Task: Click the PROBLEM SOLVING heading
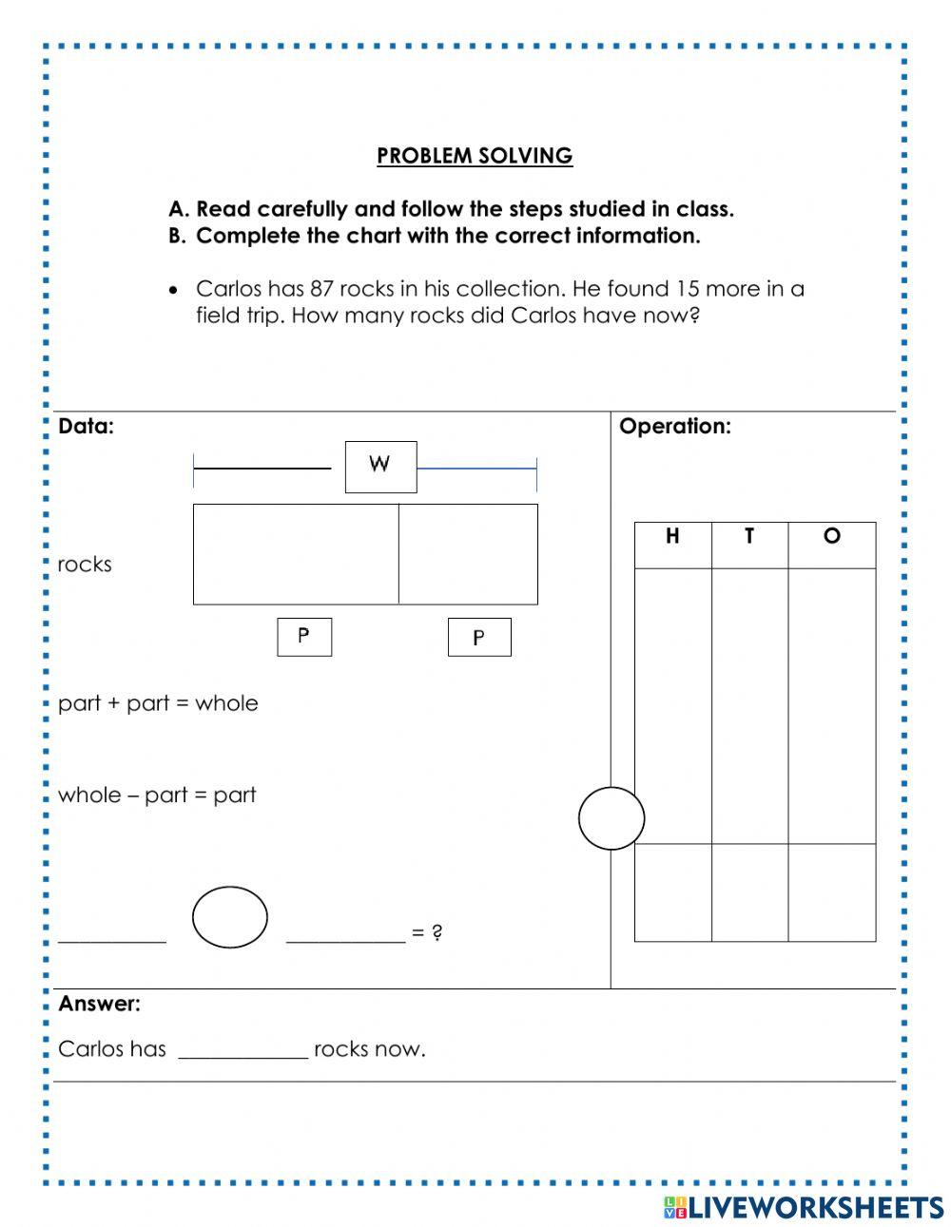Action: pyautogui.click(x=475, y=156)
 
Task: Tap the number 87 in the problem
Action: pyautogui.click(x=323, y=289)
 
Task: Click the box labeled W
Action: pyautogui.click(x=380, y=466)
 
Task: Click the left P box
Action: pyautogui.click(x=304, y=637)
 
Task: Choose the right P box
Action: pyautogui.click(x=479, y=637)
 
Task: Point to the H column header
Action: pyautogui.click(x=672, y=537)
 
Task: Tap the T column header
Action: pyautogui.click(x=749, y=537)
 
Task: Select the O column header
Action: pyautogui.click(x=832, y=537)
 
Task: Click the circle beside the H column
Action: pyautogui.click(x=611, y=818)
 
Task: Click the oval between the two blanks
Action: pyautogui.click(x=230, y=917)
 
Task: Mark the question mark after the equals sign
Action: pyautogui.click(x=437, y=932)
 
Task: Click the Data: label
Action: pyautogui.click(x=86, y=427)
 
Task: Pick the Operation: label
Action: pyautogui.click(x=675, y=427)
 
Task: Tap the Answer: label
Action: pyautogui.click(x=99, y=1004)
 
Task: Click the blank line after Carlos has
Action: pyautogui.click(x=243, y=1050)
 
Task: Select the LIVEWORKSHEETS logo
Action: pyautogui.click(x=804, y=1207)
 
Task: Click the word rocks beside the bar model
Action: pyautogui.click(x=85, y=565)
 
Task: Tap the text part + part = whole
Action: pyautogui.click(x=158, y=703)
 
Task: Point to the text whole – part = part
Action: pyautogui.click(x=157, y=796)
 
